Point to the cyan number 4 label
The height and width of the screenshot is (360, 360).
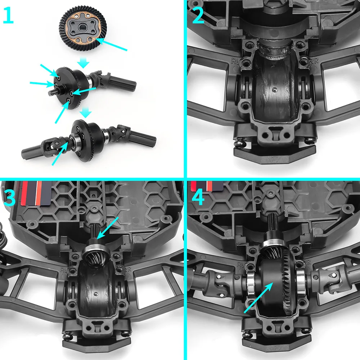click(197, 197)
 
